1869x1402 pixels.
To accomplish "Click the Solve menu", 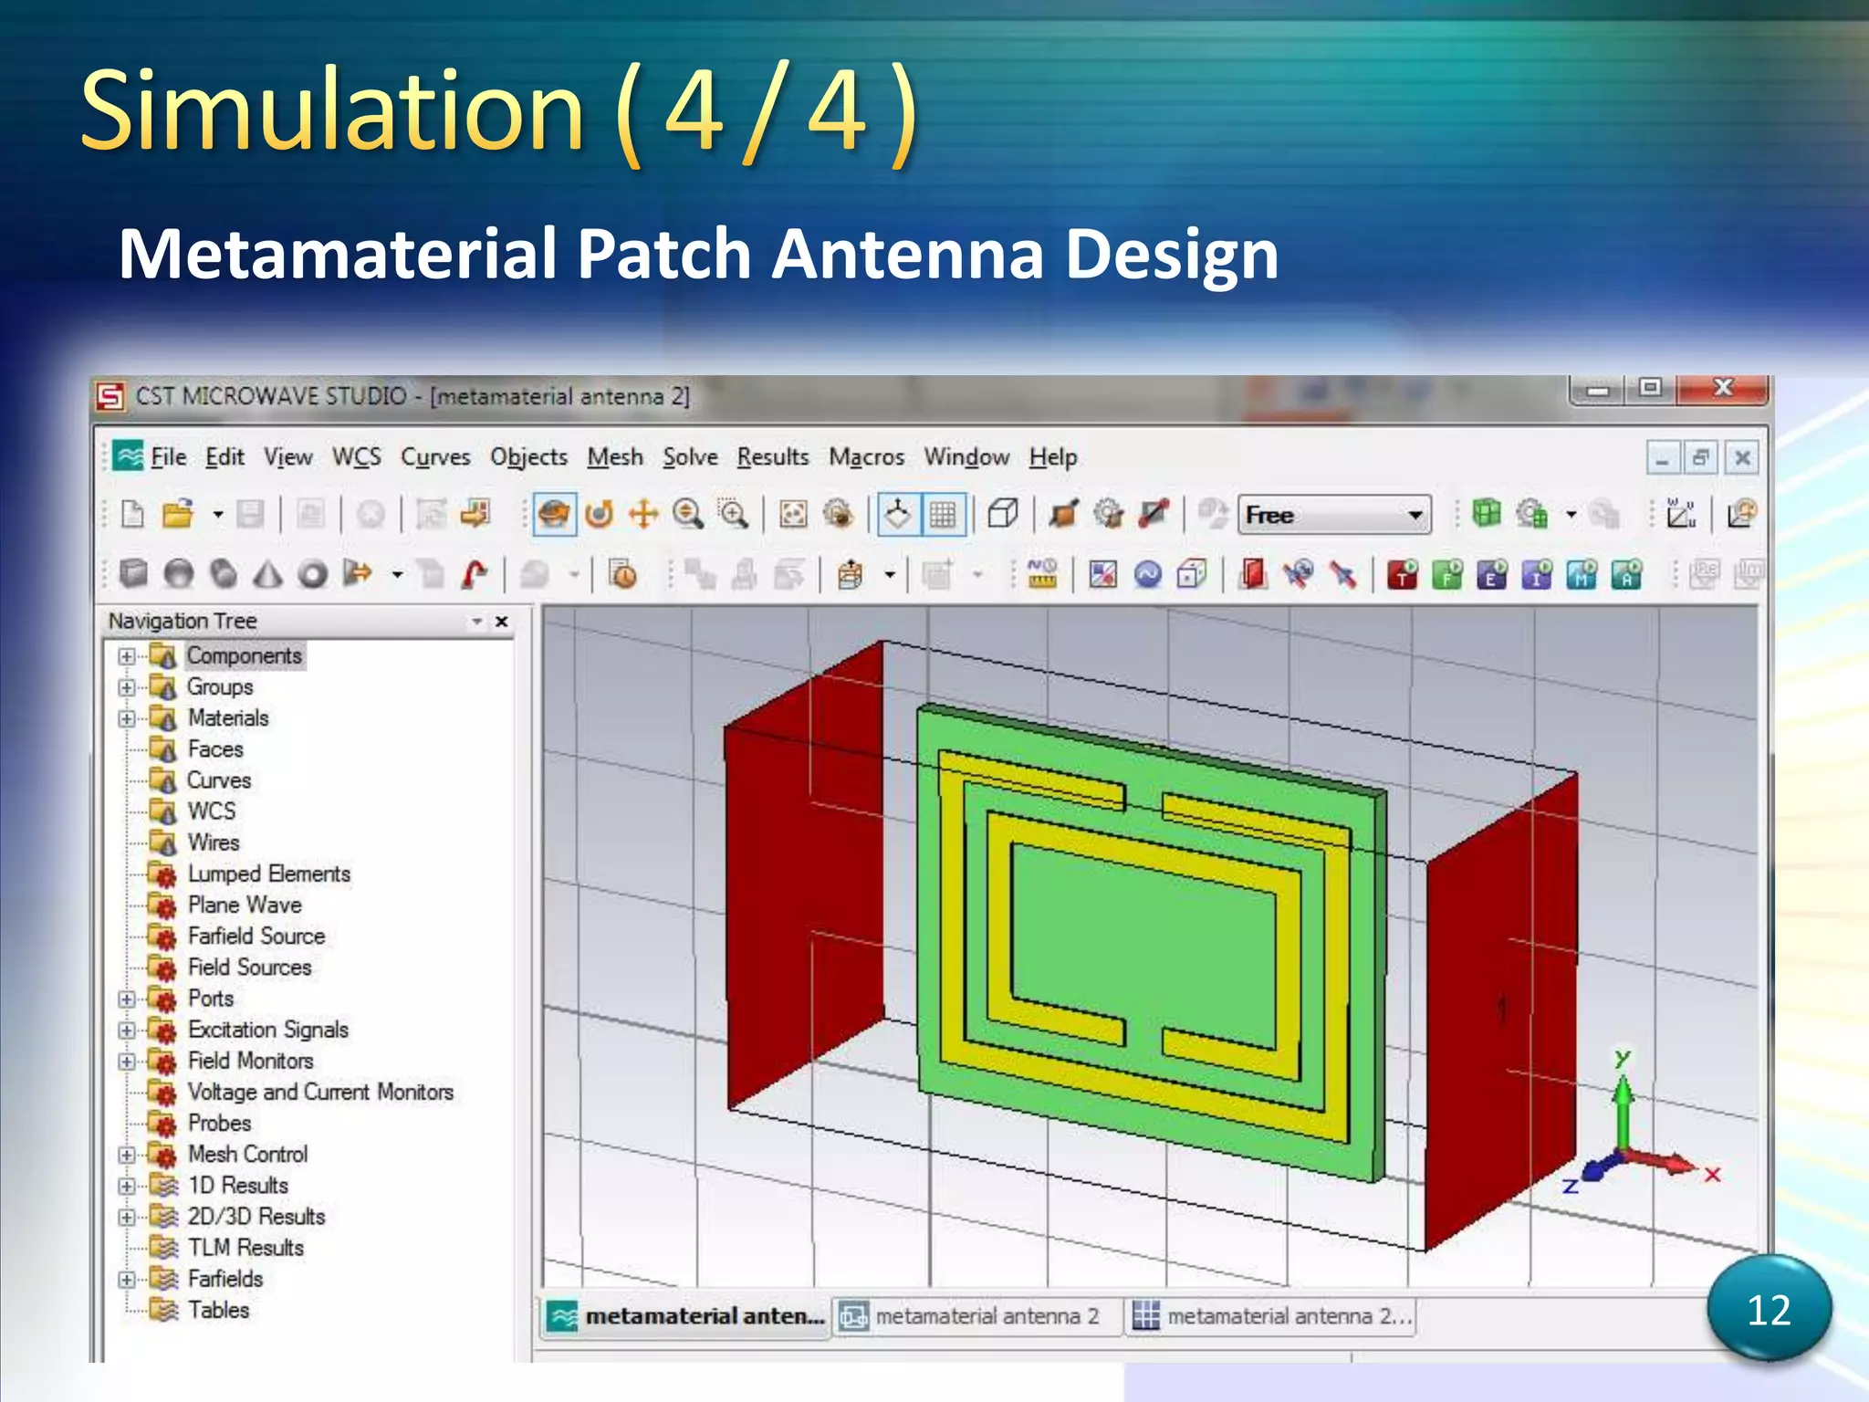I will pyautogui.click(x=690, y=456).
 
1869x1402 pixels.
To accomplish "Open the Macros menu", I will pyautogui.click(x=866, y=456).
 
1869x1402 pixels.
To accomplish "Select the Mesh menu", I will pyautogui.click(x=615, y=456).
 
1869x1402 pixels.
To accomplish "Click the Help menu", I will pyautogui.click(x=1053, y=456).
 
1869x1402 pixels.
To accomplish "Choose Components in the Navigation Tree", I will pyautogui.click(x=244, y=655).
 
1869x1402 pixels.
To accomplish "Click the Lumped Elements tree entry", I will pyautogui.click(x=268, y=874).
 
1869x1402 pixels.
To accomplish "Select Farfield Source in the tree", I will pyautogui.click(x=256, y=936).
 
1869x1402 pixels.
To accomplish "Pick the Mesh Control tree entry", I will pyautogui.click(x=247, y=1154).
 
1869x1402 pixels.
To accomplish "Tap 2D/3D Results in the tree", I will pyautogui.click(x=256, y=1216).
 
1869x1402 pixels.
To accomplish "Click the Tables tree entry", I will pyautogui.click(x=218, y=1310).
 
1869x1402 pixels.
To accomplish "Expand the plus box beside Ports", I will pyautogui.click(x=127, y=999).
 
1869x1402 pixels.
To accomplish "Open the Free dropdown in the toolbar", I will pyautogui.click(x=1415, y=515).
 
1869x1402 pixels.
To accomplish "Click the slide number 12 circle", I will pyautogui.click(x=1769, y=1309).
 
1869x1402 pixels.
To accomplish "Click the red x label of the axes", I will pyautogui.click(x=1712, y=1175).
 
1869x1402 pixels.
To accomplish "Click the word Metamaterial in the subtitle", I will pyautogui.click(x=338, y=254).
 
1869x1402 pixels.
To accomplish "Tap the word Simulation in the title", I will pyautogui.click(x=331, y=111).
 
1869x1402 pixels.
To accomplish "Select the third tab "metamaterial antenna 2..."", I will pyautogui.click(x=1272, y=1316).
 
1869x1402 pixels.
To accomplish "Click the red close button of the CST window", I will pyautogui.click(x=1722, y=389).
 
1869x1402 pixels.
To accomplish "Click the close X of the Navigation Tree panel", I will pyautogui.click(x=501, y=622).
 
